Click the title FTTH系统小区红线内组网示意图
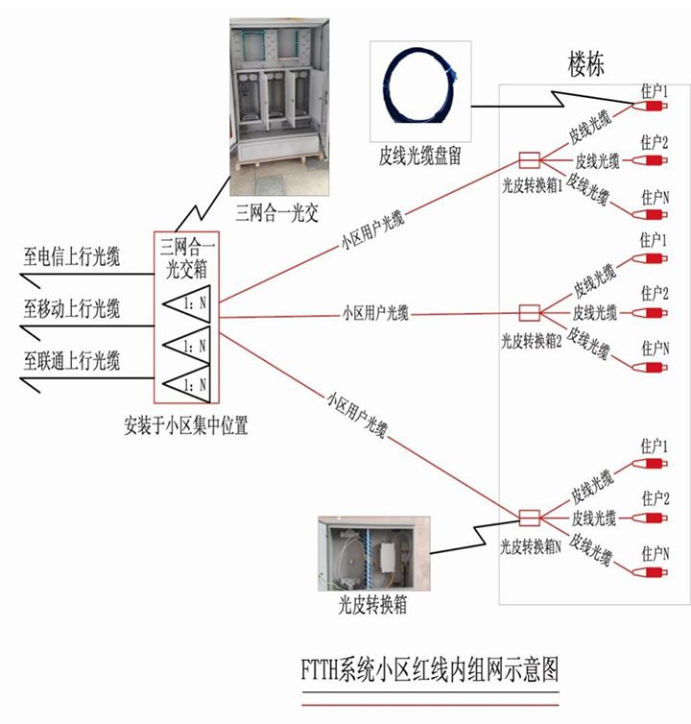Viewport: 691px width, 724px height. [429, 665]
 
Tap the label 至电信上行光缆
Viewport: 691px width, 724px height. [72, 257]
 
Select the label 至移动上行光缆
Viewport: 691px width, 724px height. [72, 308]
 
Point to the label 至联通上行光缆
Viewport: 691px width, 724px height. [72, 361]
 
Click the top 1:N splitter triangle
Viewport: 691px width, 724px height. [186, 303]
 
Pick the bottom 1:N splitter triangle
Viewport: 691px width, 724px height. [186, 383]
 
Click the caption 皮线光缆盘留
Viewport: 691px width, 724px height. [419, 157]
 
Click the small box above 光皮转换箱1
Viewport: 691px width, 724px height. [529, 159]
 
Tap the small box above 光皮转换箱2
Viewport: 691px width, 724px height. [529, 312]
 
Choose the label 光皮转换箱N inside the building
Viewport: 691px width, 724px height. [530, 546]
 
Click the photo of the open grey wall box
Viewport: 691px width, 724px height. [373, 554]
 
